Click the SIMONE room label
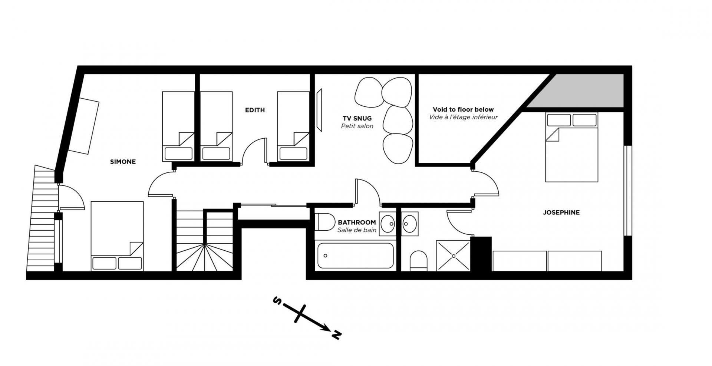pyautogui.click(x=123, y=162)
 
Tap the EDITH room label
pyautogui.click(x=255, y=110)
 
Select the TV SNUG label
pyautogui.click(x=357, y=118)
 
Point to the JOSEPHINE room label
pyautogui.click(x=561, y=212)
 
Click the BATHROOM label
pyautogui.click(x=357, y=222)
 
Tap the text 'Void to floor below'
pyautogui.click(x=463, y=109)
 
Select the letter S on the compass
pyautogui.click(x=276, y=300)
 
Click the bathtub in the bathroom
pyautogui.click(x=355, y=255)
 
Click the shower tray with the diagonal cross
pyautogui.click(x=453, y=255)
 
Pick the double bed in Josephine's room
pyautogui.click(x=571, y=147)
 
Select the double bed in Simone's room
pyautogui.click(x=117, y=236)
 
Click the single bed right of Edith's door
pyautogui.click(x=294, y=126)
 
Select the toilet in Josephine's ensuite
pyautogui.click(x=419, y=261)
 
